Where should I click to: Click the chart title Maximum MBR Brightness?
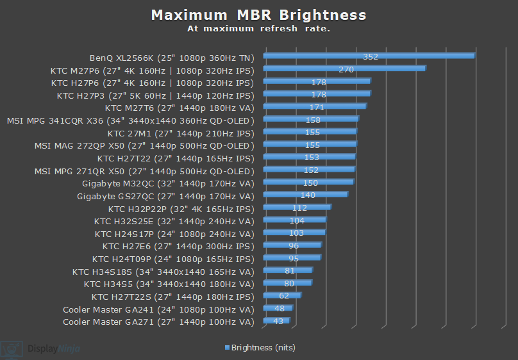pos(258,15)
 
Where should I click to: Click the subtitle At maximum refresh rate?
pos(258,29)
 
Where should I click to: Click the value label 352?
pos(371,56)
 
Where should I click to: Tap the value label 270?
pos(346,69)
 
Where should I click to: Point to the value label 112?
pos(299,208)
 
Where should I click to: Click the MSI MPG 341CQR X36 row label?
pos(130,120)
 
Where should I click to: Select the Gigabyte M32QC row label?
pos(168,183)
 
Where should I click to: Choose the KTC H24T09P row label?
pos(173,259)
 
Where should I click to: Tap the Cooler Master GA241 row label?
pos(158,309)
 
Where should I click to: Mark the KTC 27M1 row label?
pos(181,133)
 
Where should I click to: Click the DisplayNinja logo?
pos(40,348)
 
